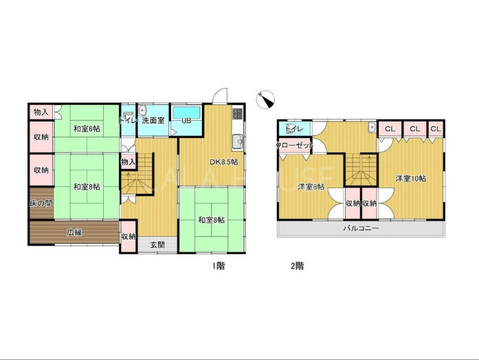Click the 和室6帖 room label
click(87, 129)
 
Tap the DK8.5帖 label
click(224, 162)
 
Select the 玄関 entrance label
click(157, 245)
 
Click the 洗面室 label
click(153, 120)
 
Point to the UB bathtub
click(186, 113)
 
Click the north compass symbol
click(266, 100)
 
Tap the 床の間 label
click(41, 203)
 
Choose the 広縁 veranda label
click(74, 232)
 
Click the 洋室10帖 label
click(411, 179)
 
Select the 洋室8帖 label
click(311, 187)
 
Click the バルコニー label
click(361, 228)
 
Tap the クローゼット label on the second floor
click(295, 145)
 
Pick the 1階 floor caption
click(219, 266)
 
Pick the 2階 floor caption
click(298, 266)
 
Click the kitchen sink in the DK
click(237, 142)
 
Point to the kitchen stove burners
click(237, 113)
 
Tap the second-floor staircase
click(361, 170)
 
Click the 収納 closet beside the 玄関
click(129, 236)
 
